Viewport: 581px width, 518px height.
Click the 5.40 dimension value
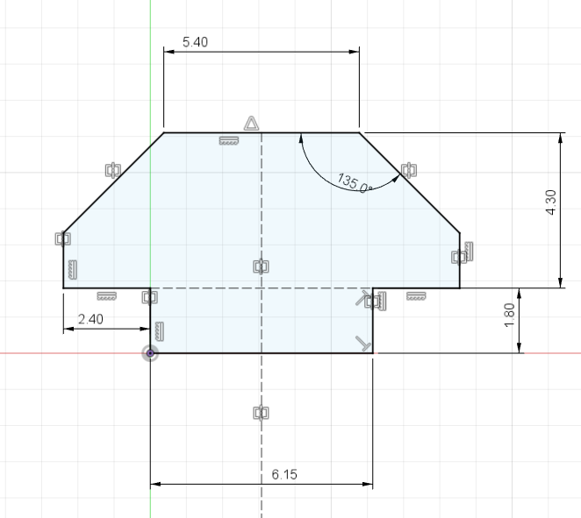click(x=195, y=42)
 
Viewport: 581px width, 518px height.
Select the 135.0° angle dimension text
click(x=355, y=182)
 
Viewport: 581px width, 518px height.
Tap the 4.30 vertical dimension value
click(x=551, y=209)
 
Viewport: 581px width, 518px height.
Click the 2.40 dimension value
click(x=90, y=319)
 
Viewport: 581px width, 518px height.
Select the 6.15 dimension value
click(x=285, y=474)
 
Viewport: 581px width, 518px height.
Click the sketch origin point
click(x=151, y=353)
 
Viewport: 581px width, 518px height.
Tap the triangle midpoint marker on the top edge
click(x=251, y=123)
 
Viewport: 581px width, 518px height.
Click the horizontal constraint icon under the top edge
click(x=229, y=141)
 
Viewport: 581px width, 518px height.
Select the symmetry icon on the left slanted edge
click(x=112, y=169)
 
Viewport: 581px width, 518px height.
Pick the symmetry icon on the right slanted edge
click(x=407, y=169)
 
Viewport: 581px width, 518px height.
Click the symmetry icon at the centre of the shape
click(x=261, y=266)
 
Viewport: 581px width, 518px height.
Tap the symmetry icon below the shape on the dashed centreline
click(x=261, y=412)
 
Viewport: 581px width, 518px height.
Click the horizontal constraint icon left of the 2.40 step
click(x=106, y=295)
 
